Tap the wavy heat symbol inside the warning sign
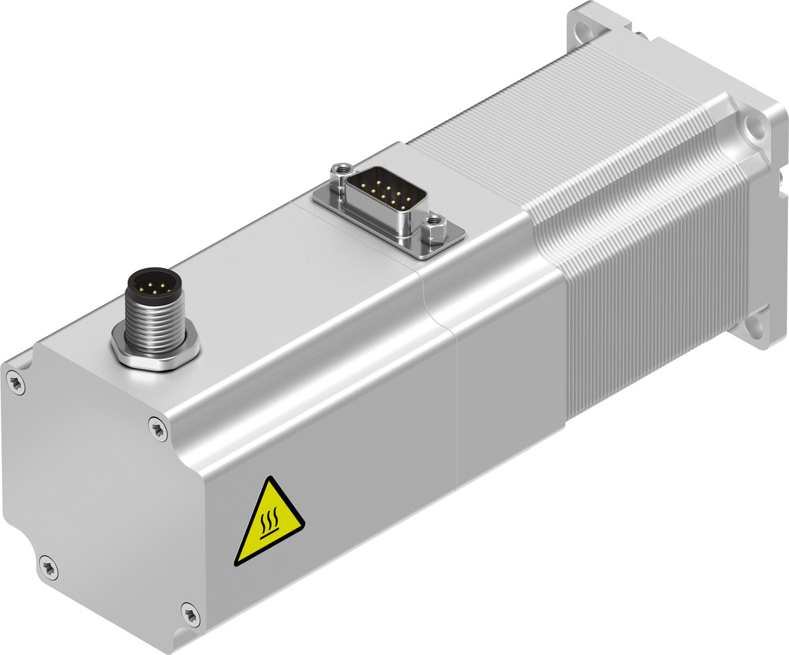click(269, 527)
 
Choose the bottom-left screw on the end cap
click(46, 567)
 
